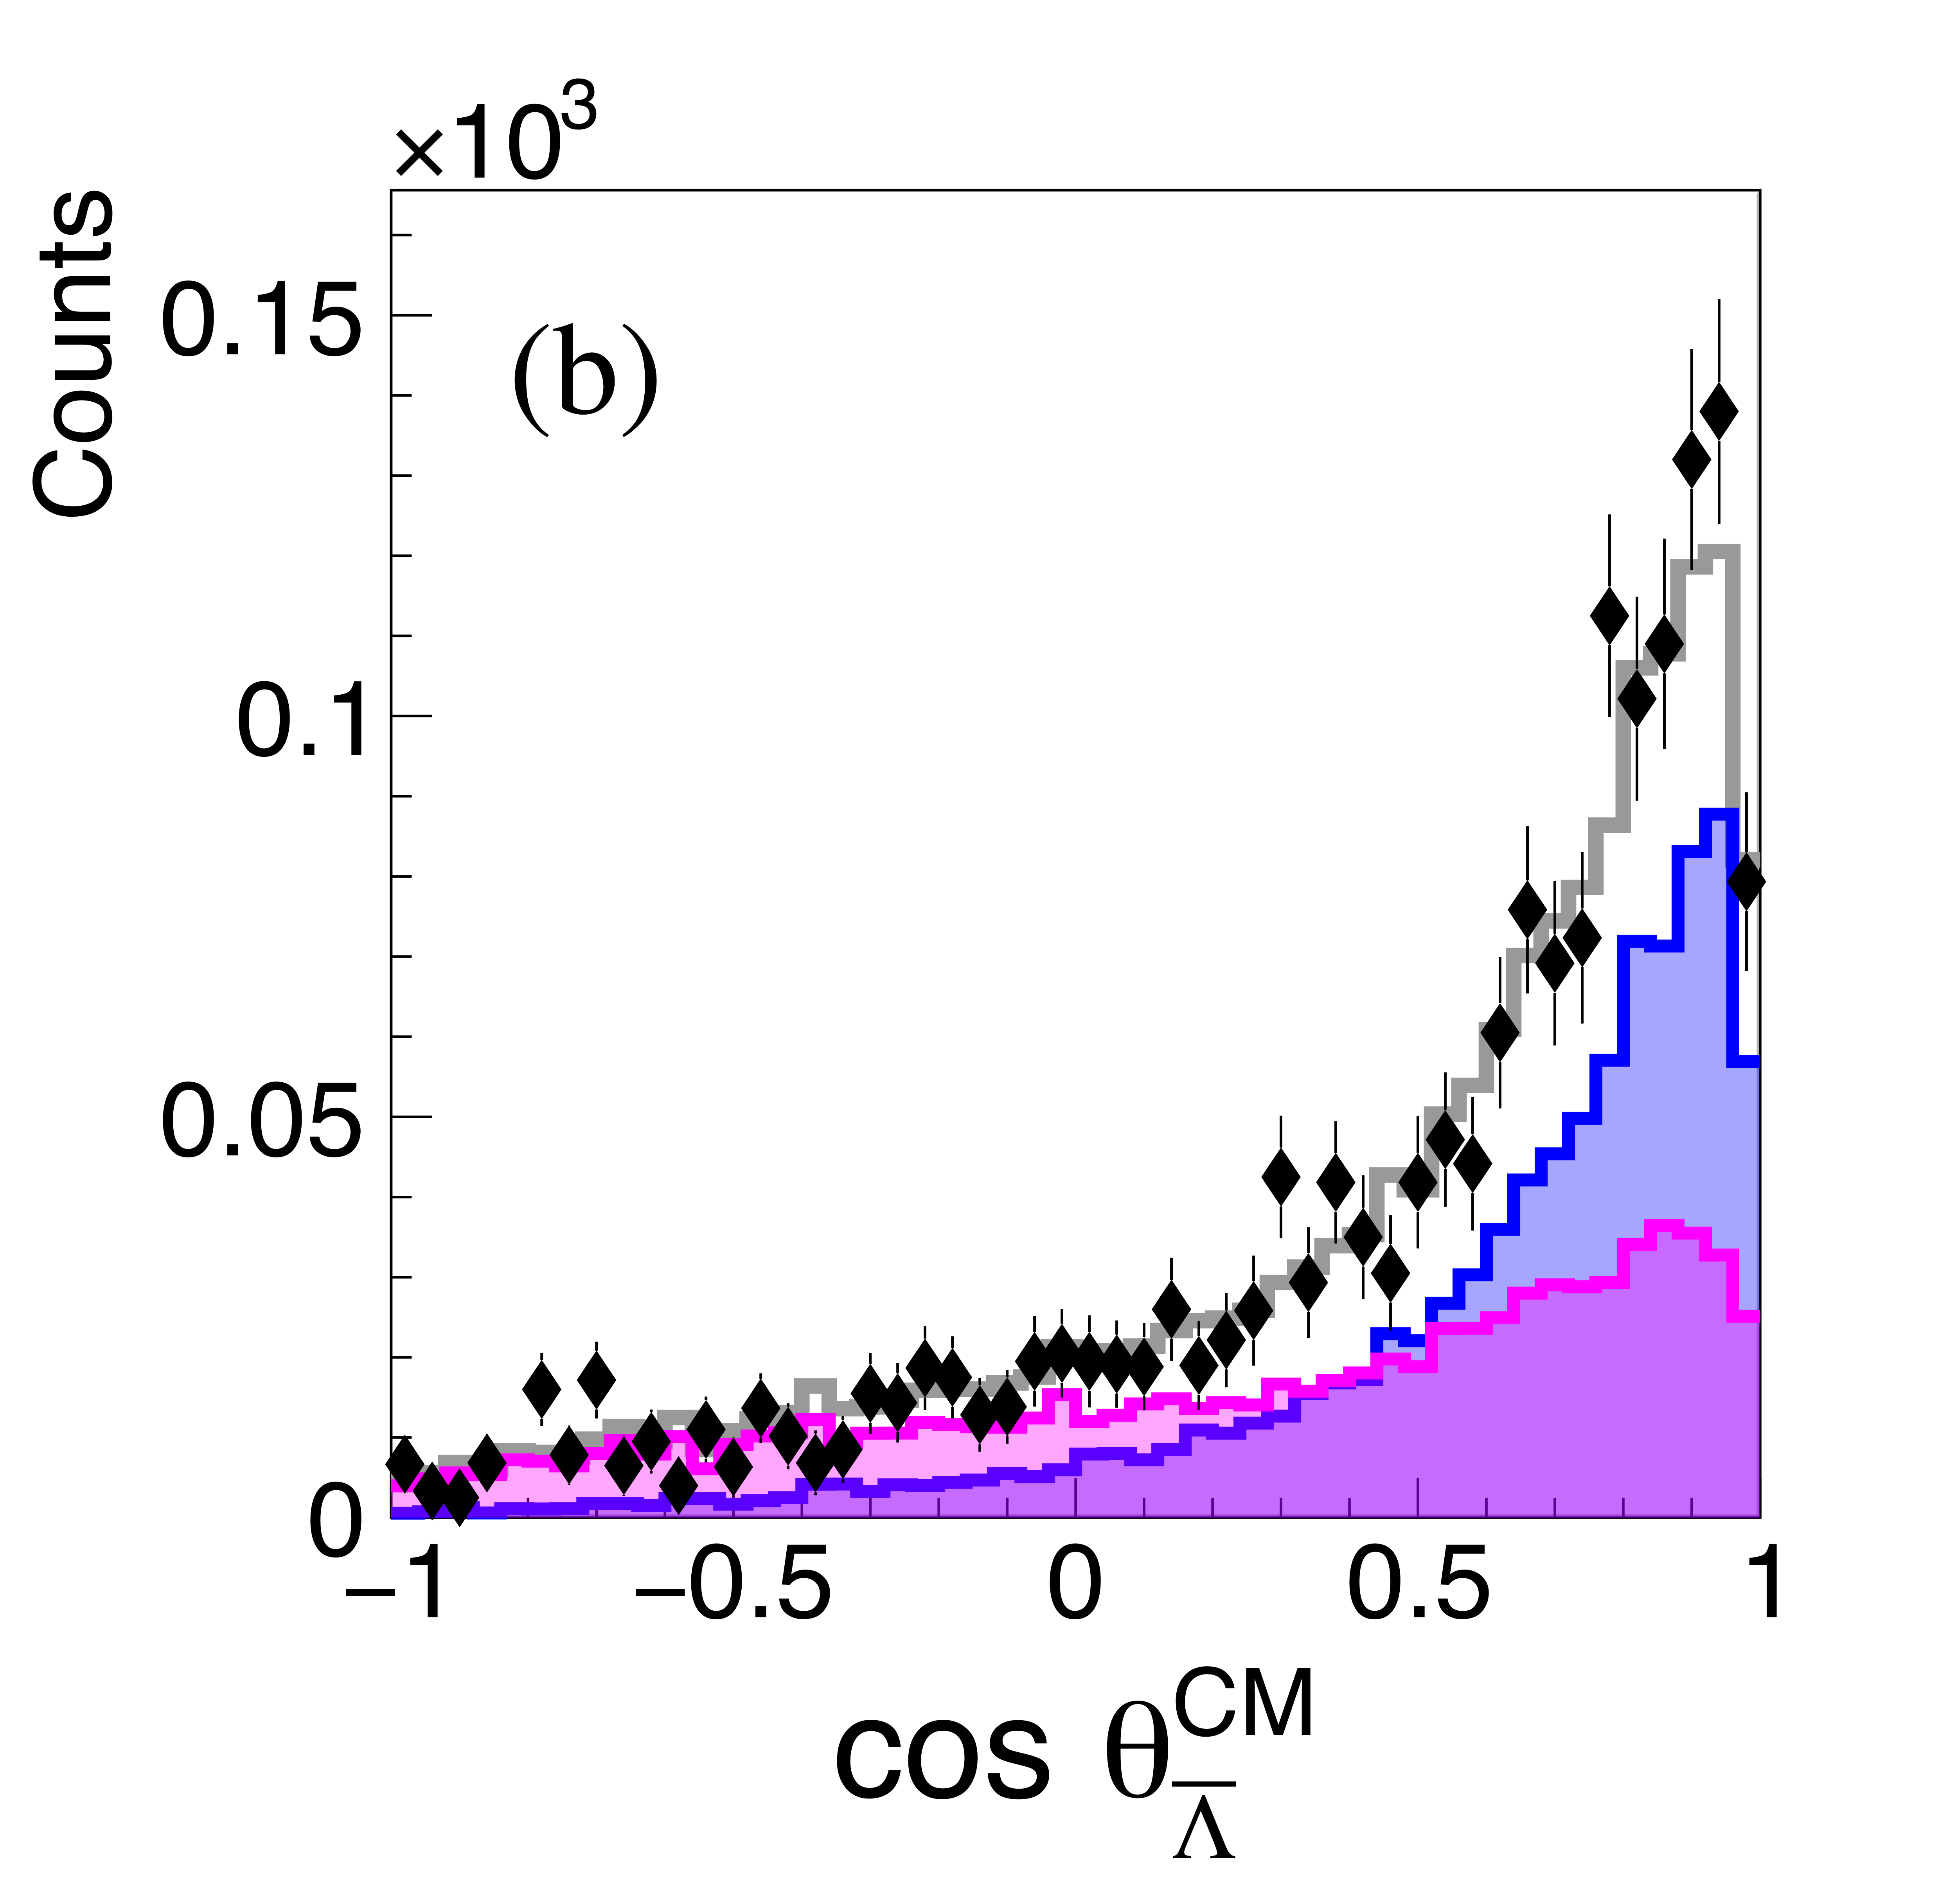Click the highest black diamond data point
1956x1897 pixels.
[x=1719, y=410]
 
